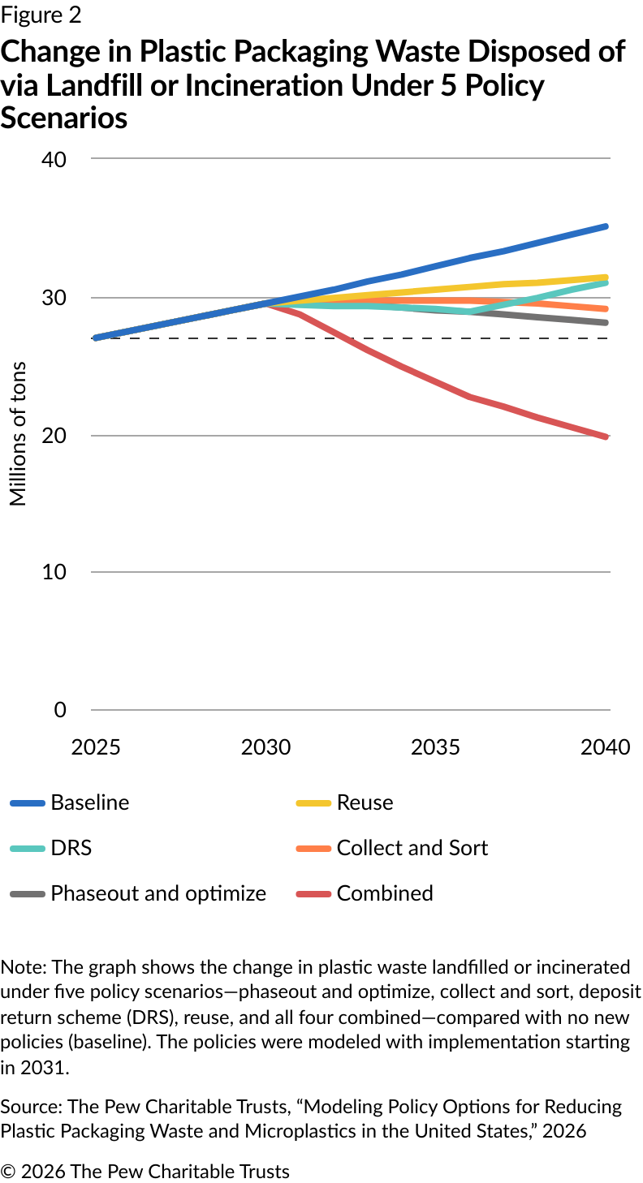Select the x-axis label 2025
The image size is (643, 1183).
[96, 747]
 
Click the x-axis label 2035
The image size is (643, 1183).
[435, 747]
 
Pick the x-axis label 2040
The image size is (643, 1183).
[605, 747]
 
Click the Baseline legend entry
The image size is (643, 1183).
[89, 803]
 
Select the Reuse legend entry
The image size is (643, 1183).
[365, 803]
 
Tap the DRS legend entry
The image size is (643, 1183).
[71, 849]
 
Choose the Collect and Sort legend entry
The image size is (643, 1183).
[412, 849]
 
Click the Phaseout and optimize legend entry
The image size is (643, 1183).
[158, 894]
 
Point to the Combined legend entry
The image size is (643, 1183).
[385, 894]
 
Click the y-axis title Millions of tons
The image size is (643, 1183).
[19, 434]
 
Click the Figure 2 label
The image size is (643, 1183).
[41, 15]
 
